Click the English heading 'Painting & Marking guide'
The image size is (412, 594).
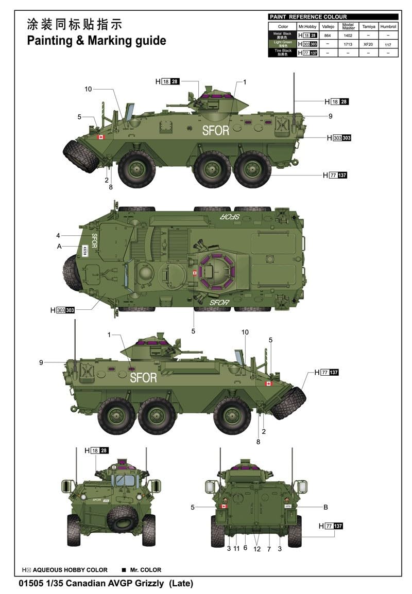[x=96, y=41]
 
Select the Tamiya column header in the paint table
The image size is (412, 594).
[x=368, y=26]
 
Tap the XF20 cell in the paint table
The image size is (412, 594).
[x=368, y=45]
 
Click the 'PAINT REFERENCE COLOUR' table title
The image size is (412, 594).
[x=308, y=17]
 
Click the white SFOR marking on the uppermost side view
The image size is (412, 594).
[x=215, y=131]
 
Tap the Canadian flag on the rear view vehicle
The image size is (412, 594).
[x=224, y=506]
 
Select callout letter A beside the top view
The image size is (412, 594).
[x=60, y=247]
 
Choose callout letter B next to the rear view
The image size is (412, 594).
[x=325, y=507]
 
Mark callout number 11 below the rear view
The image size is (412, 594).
[x=236, y=548]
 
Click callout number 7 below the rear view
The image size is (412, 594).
[x=269, y=548]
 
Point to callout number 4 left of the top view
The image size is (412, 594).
[x=59, y=236]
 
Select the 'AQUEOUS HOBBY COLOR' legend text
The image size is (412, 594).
[x=71, y=570]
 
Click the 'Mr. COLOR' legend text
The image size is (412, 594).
[x=145, y=570]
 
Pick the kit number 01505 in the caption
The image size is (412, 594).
[x=30, y=584]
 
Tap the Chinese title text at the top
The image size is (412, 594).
[x=75, y=24]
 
